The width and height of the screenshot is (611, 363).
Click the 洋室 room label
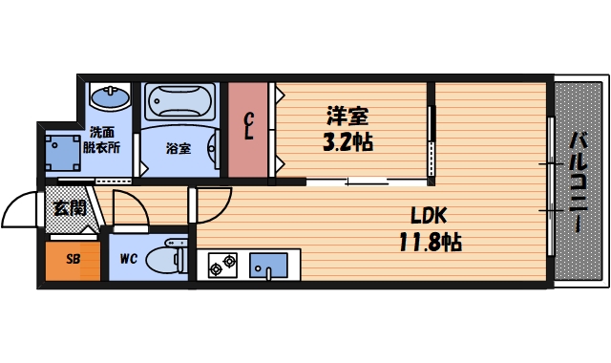[348, 117]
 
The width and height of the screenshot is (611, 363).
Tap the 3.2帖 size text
[348, 143]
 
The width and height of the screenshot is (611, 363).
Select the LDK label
[430, 214]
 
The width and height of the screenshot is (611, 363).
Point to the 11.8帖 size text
[430, 242]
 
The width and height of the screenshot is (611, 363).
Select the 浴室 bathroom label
[178, 148]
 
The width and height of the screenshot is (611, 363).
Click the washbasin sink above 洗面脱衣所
[109, 96]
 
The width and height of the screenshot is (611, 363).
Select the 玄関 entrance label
[69, 206]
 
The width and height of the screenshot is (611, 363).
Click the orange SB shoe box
[73, 258]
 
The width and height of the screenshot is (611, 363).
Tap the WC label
[130, 258]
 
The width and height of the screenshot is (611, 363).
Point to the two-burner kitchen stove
[224, 265]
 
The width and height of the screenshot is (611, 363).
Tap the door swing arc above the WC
[128, 207]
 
